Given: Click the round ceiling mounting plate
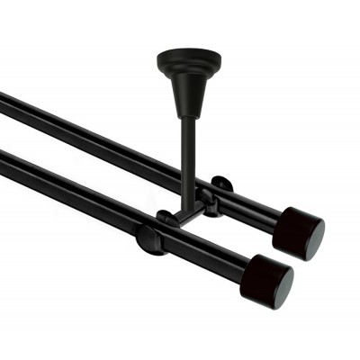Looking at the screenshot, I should [x=188, y=60].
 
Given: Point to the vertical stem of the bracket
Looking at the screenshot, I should [x=188, y=162].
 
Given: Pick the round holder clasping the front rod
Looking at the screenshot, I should [x=150, y=238].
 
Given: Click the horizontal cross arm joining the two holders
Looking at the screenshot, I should [x=184, y=216].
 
